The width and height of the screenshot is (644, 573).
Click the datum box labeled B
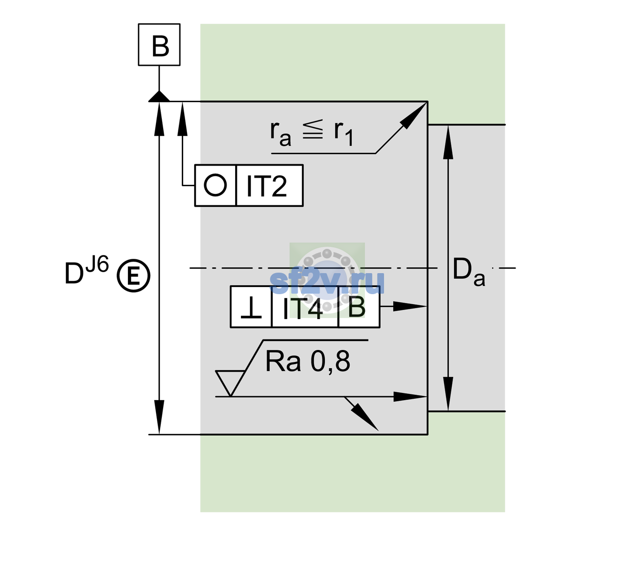(x=159, y=44)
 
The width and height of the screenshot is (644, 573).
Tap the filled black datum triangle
(x=159, y=97)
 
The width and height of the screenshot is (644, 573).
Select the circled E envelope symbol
(x=134, y=276)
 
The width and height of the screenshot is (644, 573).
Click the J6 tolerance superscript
(x=97, y=264)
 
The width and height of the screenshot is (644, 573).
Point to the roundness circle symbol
(x=215, y=185)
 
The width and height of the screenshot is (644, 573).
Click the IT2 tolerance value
(x=266, y=186)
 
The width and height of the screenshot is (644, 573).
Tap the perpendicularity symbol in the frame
(x=251, y=308)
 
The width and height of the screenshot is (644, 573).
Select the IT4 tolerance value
(x=302, y=308)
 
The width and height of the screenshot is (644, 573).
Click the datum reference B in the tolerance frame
(x=357, y=307)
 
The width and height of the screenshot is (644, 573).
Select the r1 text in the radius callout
(x=343, y=133)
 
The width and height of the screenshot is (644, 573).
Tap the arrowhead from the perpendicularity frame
(x=409, y=307)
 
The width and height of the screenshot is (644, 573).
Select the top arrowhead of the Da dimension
(x=448, y=142)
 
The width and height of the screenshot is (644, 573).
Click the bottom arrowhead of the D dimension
(x=159, y=417)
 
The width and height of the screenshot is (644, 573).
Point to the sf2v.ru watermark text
(x=327, y=283)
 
